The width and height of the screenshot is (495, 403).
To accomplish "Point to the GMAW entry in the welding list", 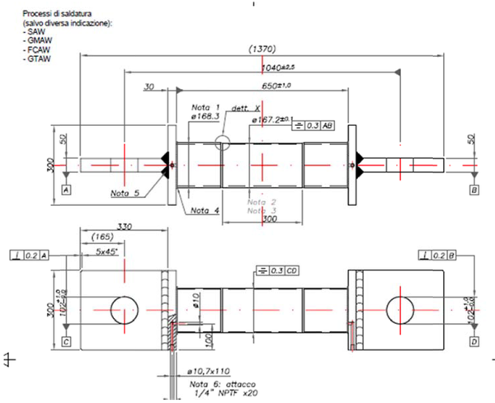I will pos(38,40).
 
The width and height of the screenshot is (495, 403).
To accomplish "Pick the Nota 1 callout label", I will pos(205,107).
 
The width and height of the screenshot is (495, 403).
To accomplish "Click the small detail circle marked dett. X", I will pos(221,141).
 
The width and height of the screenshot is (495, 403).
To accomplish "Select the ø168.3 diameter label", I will pos(205,118).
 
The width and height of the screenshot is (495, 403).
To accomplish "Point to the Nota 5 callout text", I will pos(125,194).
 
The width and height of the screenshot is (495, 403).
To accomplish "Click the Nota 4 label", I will pos(205,210).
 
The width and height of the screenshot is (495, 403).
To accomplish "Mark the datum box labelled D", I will pos(474,339).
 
